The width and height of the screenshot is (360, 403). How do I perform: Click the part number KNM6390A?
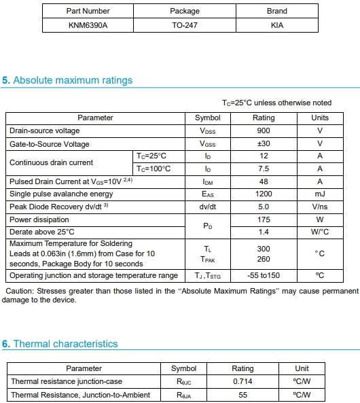pos(88,25)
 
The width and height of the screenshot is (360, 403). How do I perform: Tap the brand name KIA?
pos(276,25)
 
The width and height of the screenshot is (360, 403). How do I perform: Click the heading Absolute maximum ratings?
pos(73,80)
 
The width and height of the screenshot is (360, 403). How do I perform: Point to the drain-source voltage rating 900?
pos(264,130)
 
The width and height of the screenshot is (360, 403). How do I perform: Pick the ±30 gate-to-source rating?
pos(264,144)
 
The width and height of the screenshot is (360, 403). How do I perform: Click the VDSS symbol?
pos(207,130)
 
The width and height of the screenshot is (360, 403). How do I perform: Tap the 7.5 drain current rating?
pos(264,169)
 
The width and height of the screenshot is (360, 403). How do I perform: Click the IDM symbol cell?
pos(207,181)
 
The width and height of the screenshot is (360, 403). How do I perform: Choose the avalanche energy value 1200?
pos(264,194)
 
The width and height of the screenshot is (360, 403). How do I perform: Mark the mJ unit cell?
pos(319,194)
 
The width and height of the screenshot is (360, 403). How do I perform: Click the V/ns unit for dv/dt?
pos(319,207)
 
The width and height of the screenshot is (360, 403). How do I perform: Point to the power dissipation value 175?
pos(264,220)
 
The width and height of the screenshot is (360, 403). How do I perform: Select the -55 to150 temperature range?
pos(264,275)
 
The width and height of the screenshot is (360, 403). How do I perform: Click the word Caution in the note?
pos(20,291)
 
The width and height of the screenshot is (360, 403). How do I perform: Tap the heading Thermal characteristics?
pos(65,344)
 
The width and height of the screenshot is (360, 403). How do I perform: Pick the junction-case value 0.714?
pos(242,381)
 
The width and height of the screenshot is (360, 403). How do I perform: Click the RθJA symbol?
pos(183,395)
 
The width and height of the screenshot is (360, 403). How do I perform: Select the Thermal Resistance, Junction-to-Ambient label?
pos(80,395)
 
